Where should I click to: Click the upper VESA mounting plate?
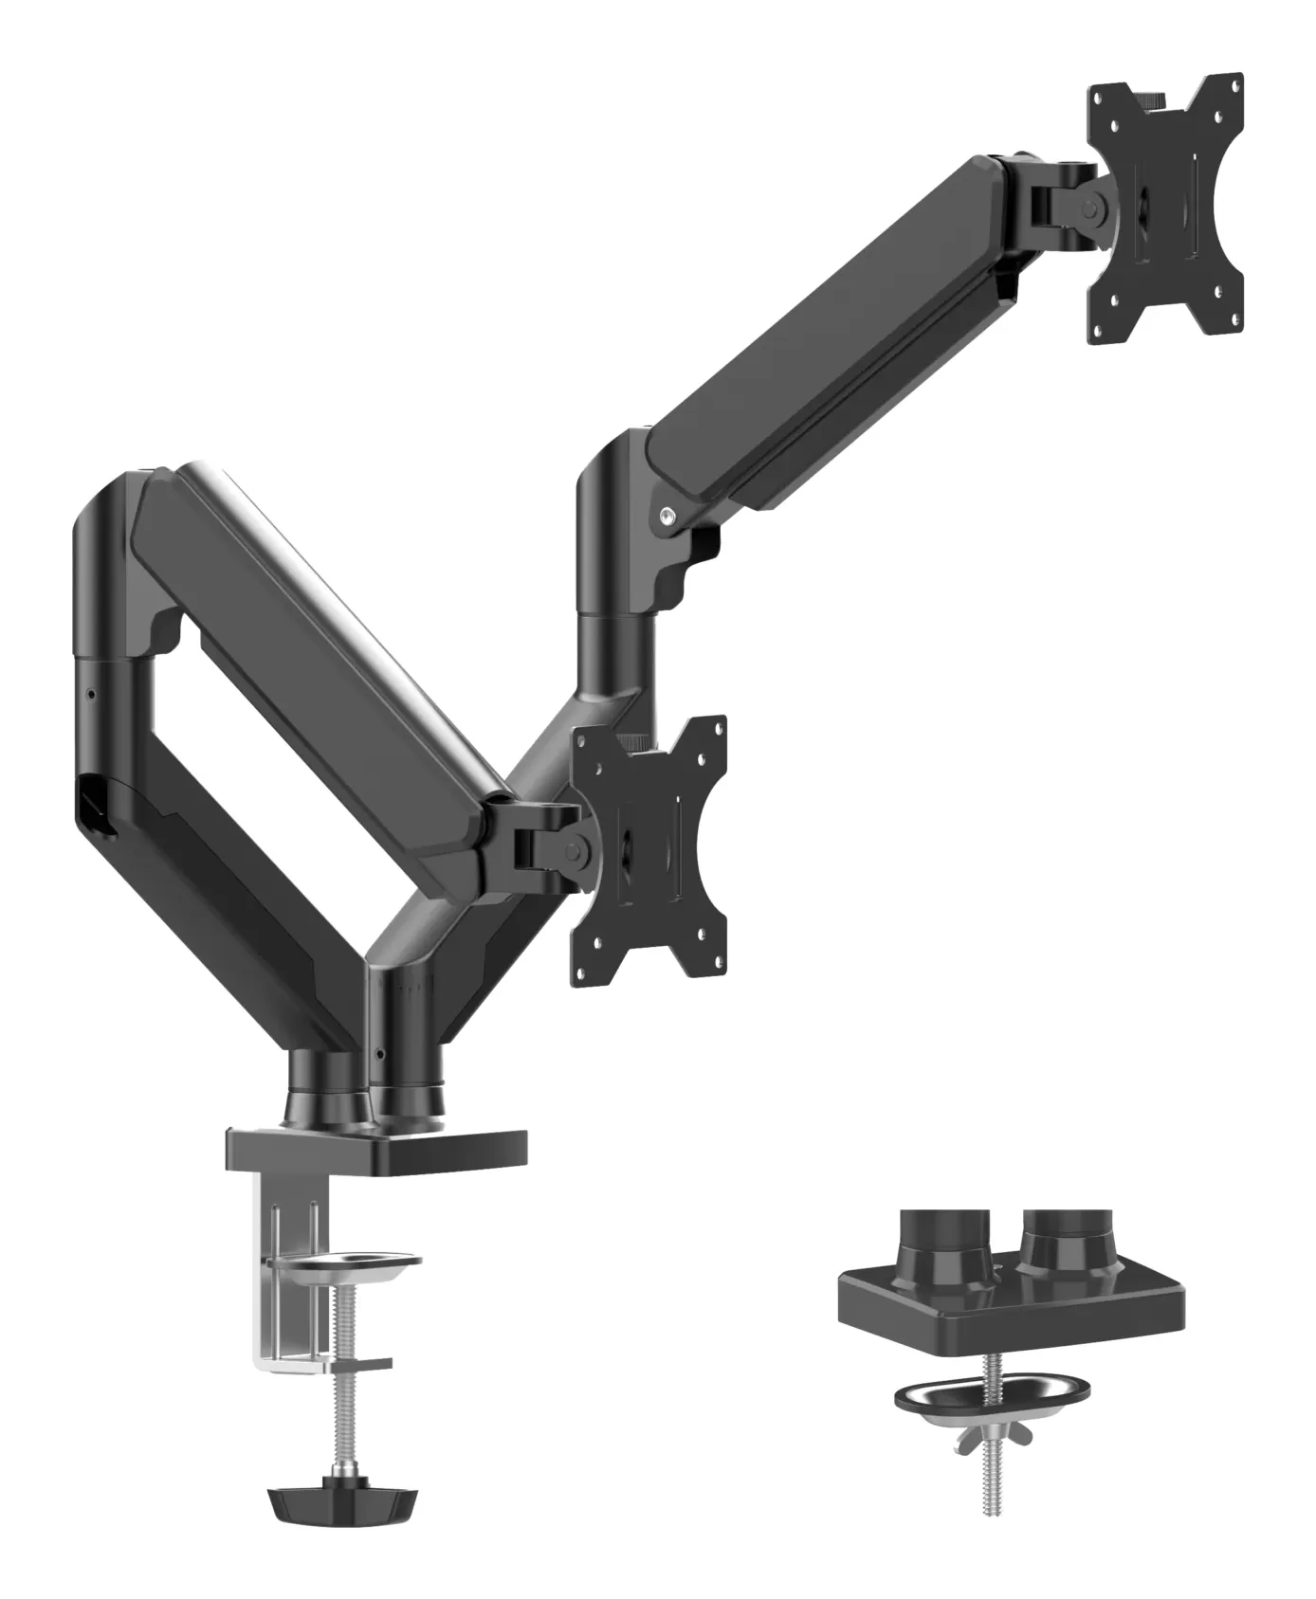(1165, 203)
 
